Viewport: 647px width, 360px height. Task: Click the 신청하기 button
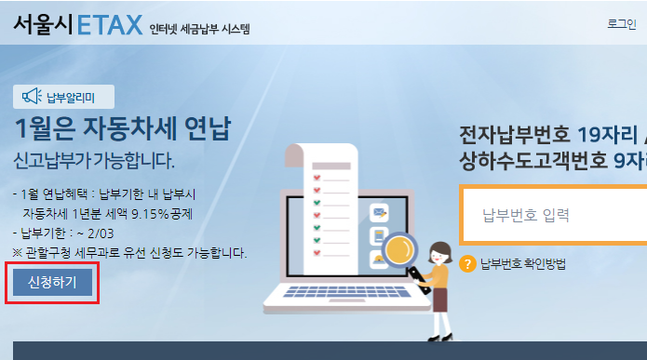click(x=52, y=283)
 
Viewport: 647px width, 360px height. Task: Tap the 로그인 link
click(x=622, y=23)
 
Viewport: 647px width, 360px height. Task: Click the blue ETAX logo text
click(x=110, y=25)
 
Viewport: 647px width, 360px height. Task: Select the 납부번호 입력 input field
click(x=554, y=215)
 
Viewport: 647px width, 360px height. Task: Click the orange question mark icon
click(x=467, y=264)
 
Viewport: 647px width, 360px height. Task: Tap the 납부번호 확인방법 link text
click(x=523, y=264)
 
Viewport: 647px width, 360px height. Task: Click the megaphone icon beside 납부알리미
click(x=32, y=97)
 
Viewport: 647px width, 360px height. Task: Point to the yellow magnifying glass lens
click(x=398, y=250)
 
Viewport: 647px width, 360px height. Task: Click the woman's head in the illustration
click(x=439, y=252)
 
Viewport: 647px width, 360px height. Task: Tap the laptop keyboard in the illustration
click(x=346, y=291)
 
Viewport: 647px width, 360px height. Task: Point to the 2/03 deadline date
click(x=101, y=233)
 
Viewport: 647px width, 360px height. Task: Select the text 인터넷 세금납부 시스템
click(x=200, y=29)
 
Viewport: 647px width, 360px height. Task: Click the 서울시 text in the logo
click(x=44, y=25)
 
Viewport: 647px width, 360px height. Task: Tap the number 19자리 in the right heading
click(x=607, y=135)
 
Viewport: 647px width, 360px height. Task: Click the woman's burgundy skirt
click(x=439, y=300)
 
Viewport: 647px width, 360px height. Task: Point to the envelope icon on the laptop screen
click(x=379, y=213)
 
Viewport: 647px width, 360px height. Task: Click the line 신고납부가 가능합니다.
click(x=94, y=160)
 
